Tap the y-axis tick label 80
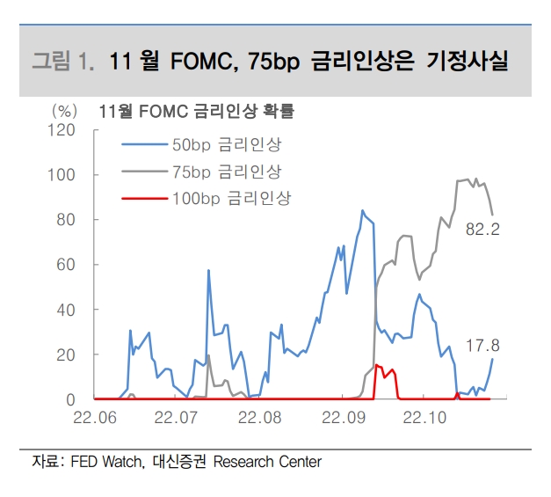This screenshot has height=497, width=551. (x=65, y=220)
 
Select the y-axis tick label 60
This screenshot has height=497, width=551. (x=65, y=265)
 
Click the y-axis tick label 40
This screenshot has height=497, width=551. (x=65, y=310)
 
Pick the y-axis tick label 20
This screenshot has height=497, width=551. (x=65, y=354)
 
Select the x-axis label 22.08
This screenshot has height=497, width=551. (x=258, y=418)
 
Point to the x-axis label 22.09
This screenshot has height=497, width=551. (x=341, y=418)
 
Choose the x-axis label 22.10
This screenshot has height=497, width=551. (x=424, y=418)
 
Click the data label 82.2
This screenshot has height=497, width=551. (x=482, y=230)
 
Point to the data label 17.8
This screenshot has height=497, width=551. (x=482, y=346)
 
